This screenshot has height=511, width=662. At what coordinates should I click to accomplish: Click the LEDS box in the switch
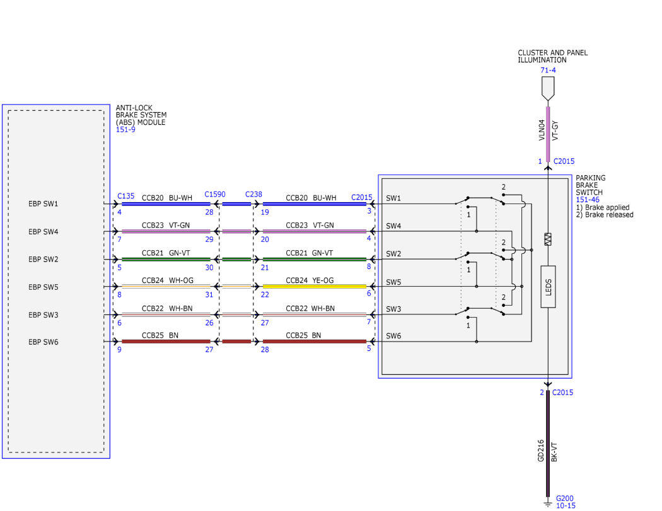[548, 287]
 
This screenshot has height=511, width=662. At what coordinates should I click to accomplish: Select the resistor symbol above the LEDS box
[548, 239]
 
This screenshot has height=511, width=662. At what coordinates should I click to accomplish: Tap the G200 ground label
[564, 498]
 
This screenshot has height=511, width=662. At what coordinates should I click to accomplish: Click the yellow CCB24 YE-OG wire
[314, 287]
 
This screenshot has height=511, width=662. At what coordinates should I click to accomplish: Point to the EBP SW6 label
[43, 342]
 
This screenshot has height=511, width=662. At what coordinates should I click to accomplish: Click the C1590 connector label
[215, 194]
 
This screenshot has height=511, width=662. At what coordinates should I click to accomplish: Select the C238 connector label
[253, 194]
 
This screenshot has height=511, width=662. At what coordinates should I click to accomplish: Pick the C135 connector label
[126, 196]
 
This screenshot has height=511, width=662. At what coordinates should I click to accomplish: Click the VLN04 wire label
[542, 130]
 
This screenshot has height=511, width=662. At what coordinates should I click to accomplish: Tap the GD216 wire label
[541, 451]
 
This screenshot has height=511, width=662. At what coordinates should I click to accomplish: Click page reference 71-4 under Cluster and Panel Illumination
[548, 70]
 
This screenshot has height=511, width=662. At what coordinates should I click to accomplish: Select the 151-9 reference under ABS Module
[125, 130]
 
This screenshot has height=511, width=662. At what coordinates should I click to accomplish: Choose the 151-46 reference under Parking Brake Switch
[587, 200]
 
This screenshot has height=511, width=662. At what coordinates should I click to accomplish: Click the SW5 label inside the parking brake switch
[393, 282]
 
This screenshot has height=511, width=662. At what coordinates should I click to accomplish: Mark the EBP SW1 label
[43, 204]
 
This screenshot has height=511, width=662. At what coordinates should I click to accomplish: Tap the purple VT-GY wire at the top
[548, 134]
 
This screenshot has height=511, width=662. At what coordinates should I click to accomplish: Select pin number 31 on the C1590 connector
[209, 294]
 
